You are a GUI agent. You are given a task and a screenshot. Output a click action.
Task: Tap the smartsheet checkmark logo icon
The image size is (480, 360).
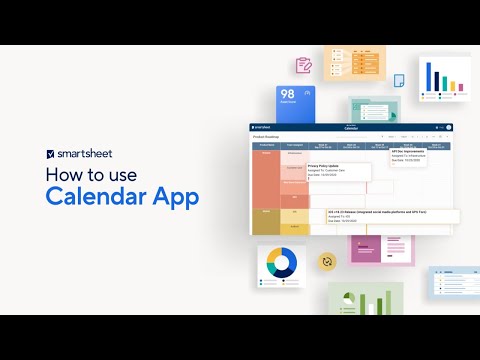(51, 155)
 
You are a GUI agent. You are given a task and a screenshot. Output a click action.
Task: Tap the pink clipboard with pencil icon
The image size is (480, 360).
(304, 65)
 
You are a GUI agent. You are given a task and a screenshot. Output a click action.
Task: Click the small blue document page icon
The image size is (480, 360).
(398, 81)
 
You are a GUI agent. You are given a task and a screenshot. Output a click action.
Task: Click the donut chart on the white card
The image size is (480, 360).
(280, 263)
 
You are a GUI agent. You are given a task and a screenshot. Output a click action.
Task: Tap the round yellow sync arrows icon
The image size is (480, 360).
(325, 262)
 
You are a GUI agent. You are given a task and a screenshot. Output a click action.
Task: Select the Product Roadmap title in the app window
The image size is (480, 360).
(267, 137)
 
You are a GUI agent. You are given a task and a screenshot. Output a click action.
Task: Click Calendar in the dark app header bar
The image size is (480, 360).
(351, 128)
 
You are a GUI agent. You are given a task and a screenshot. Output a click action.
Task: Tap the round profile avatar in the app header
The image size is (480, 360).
(449, 128)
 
